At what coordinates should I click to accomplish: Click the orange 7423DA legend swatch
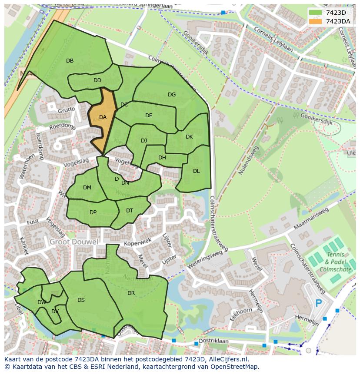(316, 21)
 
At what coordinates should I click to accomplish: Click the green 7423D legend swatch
(316, 13)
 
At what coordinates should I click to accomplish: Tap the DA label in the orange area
(103, 117)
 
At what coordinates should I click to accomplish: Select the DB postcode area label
(70, 61)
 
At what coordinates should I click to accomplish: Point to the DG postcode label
(172, 95)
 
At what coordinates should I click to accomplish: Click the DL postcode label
(196, 171)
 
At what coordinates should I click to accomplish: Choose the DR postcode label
(131, 293)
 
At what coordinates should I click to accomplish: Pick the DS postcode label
(81, 300)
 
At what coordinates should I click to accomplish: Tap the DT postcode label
(130, 211)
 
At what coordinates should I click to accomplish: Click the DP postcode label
(93, 212)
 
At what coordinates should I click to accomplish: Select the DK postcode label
(189, 137)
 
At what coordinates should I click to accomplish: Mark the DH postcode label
(162, 158)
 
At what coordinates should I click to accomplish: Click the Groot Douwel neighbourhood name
(73, 242)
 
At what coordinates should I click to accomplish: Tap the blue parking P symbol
(319, 303)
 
